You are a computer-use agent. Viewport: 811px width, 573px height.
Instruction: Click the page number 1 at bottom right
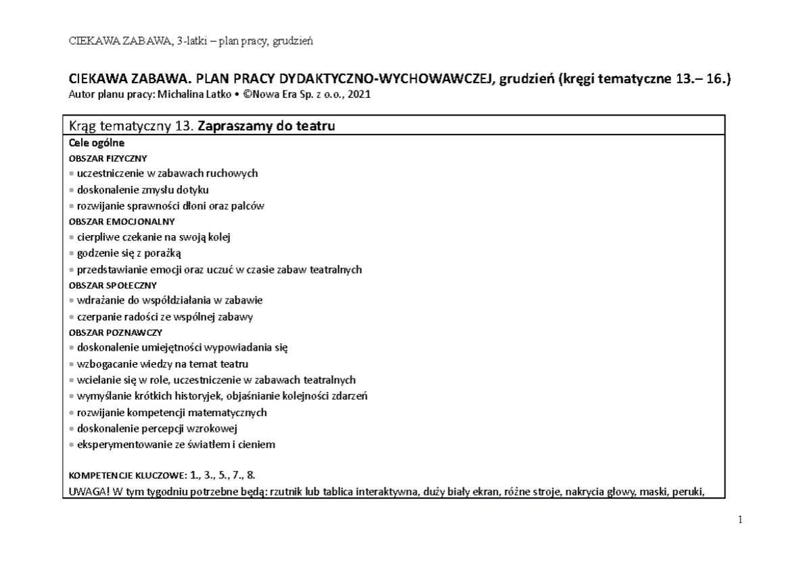point(740,520)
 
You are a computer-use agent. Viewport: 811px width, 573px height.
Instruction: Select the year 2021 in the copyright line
point(359,95)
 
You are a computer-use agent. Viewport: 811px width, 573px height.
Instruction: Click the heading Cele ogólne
point(97,143)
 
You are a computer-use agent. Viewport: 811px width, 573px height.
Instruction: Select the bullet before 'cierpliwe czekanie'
point(72,237)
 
